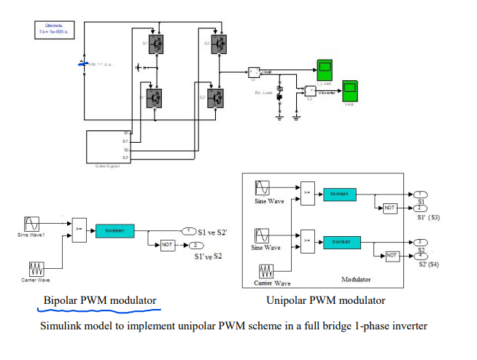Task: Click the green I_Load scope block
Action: pos(324,71)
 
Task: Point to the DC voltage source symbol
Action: pos(80,64)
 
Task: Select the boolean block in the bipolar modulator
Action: pos(115,231)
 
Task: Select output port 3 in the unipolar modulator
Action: pos(422,241)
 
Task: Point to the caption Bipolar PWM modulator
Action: pos(100,300)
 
